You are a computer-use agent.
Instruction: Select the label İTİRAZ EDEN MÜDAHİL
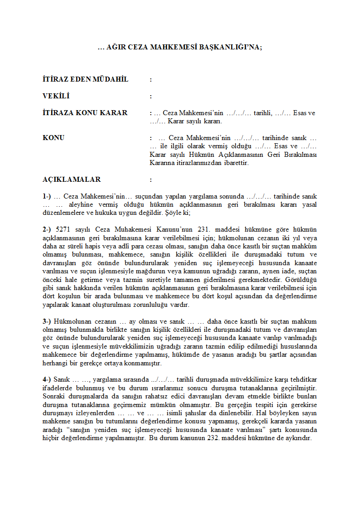(x=85, y=79)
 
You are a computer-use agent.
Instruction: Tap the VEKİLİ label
(x=56, y=96)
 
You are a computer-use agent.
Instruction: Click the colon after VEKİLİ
(x=151, y=96)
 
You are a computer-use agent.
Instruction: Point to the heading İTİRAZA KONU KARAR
(x=85, y=113)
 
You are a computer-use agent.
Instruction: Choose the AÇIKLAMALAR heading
(x=72, y=179)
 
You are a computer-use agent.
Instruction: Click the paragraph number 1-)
(x=47, y=196)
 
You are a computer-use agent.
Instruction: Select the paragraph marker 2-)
(x=47, y=230)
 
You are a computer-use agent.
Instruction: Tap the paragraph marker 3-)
(x=47, y=321)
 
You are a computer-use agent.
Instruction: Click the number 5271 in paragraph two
(x=63, y=230)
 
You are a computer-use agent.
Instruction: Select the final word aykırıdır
(x=298, y=438)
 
